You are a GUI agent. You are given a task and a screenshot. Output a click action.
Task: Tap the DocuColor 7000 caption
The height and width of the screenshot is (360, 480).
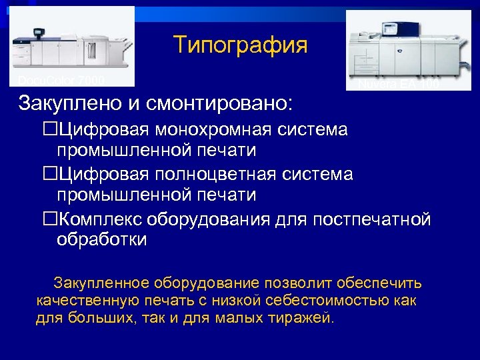61,81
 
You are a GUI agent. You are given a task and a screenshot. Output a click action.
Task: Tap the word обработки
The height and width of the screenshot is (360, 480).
101,241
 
